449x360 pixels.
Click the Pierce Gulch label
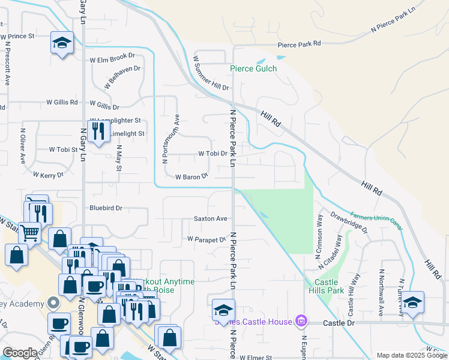(x=253, y=68)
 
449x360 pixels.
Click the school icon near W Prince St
(x=61, y=43)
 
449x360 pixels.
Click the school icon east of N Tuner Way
(x=412, y=302)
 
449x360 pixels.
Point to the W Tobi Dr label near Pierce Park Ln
(x=212, y=154)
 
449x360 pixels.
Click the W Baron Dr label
(x=191, y=177)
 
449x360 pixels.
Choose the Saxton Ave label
(x=210, y=218)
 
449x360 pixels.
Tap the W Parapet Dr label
(x=206, y=239)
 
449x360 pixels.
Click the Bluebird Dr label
(x=106, y=208)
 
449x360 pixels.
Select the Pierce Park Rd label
(x=299, y=44)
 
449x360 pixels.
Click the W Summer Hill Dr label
(x=211, y=73)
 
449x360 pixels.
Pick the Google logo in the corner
(x=20, y=353)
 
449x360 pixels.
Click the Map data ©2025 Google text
(x=411, y=355)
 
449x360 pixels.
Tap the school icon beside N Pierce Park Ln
(x=223, y=311)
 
